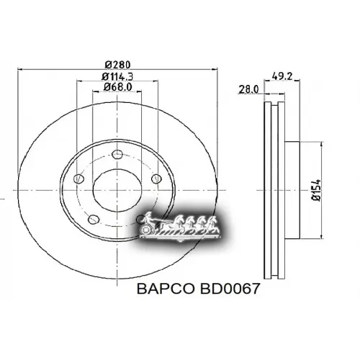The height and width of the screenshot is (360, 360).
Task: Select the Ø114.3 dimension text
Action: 116,76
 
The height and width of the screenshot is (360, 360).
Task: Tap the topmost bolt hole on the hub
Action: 117,152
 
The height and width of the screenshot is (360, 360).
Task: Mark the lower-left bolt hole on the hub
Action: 92,220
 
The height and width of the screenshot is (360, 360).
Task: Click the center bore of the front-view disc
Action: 117,189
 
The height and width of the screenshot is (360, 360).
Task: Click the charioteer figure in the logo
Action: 146,218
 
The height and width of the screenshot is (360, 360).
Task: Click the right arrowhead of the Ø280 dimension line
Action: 214,69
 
